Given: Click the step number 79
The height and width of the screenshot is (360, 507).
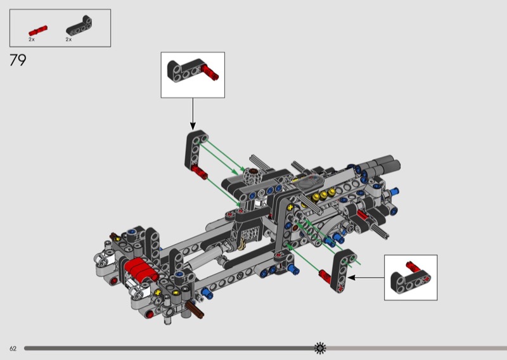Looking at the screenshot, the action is pyautogui.click(x=18, y=60).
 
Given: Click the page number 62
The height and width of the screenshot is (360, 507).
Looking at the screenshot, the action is pyautogui.click(x=13, y=349).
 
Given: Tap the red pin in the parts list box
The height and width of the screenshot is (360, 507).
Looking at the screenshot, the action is pyautogui.click(x=38, y=30).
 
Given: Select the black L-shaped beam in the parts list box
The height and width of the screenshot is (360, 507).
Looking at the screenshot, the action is pyautogui.click(x=79, y=25).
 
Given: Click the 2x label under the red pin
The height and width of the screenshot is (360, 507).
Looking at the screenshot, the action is pyautogui.click(x=31, y=39).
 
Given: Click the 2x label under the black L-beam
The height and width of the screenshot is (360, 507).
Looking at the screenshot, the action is pyautogui.click(x=68, y=39).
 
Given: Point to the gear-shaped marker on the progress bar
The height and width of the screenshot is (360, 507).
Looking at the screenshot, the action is pyautogui.click(x=320, y=348).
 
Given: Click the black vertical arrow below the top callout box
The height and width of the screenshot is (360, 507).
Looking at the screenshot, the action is pyautogui.click(x=193, y=114).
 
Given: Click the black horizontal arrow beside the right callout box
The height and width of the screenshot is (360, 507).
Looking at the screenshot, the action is pyautogui.click(x=366, y=278).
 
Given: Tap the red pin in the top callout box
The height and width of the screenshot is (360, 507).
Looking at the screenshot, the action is pyautogui.click(x=210, y=72).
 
